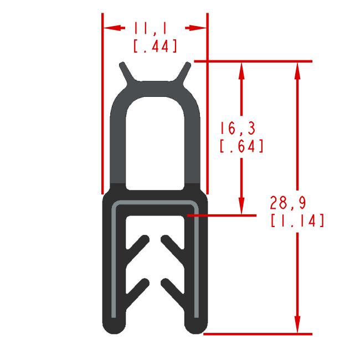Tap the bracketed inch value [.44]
pyautogui.click(x=156, y=46)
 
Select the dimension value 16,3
pyautogui.click(x=237, y=129)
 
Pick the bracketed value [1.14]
pyautogui.click(x=297, y=220)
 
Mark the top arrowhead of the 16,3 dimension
pyautogui.click(x=241, y=69)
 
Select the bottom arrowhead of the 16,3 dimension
pyautogui.click(x=241, y=206)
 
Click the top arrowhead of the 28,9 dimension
pyautogui.click(x=297, y=70)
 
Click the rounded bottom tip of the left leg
pyautogui.click(x=115, y=326)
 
